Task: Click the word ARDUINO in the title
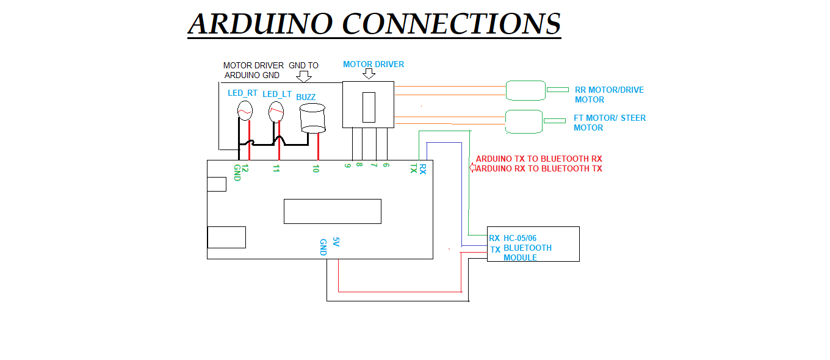(261, 24)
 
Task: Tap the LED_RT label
(243, 93)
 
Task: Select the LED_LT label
(277, 94)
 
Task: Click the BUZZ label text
(306, 97)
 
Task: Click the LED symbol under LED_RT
(245, 110)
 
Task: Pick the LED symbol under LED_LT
(276, 110)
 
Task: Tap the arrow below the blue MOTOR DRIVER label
(369, 74)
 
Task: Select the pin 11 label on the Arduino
(276, 169)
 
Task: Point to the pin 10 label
(316, 169)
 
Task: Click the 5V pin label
(335, 242)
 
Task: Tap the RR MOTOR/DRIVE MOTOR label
(608, 95)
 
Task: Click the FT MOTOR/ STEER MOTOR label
(608, 123)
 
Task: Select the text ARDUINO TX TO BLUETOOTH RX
(539, 159)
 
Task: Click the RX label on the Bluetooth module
(494, 238)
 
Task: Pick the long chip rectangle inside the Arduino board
(332, 211)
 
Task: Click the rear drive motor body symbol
(525, 90)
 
